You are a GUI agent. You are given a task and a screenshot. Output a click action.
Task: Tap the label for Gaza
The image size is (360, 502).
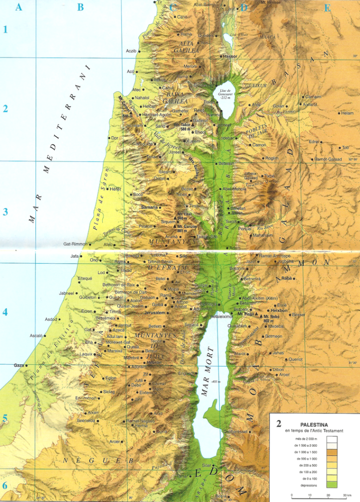coord(19,365)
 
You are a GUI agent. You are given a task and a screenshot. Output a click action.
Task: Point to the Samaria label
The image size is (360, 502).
coord(149,206)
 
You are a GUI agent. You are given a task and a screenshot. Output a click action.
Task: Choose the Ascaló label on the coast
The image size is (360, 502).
coord(36,336)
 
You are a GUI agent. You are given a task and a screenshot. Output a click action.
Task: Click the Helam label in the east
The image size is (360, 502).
coord(347,113)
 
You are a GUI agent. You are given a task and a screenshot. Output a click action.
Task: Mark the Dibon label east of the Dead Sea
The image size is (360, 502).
coord(278,370)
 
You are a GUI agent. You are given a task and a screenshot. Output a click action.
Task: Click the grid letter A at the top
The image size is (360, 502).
coord(18,7)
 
